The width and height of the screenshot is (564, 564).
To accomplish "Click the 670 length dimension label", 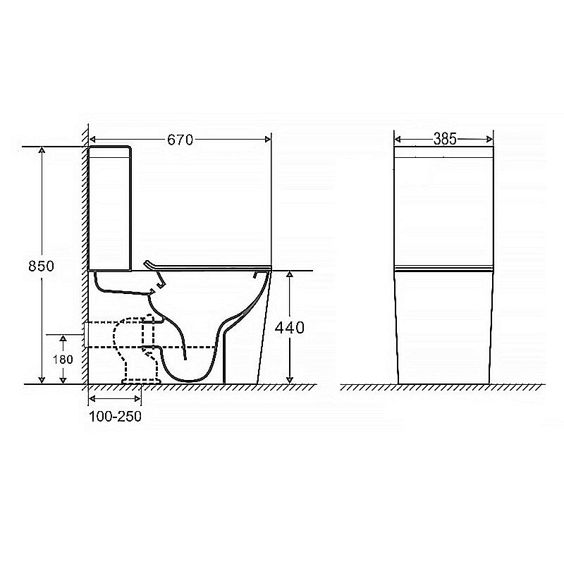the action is pos(180,140).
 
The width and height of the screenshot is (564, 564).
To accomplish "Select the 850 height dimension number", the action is pos(41,266).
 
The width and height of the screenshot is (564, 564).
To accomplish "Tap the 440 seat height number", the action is pos(290,328).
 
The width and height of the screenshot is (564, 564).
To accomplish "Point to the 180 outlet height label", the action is pos(63,360).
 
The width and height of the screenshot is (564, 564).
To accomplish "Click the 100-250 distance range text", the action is pos(115,416).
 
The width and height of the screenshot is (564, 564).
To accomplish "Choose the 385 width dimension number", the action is pos(445,139).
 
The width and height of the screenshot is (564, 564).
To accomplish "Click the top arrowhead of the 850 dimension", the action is pos(42,149).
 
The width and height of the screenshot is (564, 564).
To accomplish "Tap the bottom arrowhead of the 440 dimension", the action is pos(290,380).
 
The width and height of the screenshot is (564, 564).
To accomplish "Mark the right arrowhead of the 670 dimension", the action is pos(268,139).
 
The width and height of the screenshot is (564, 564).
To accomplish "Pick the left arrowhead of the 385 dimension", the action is pos(398,139).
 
